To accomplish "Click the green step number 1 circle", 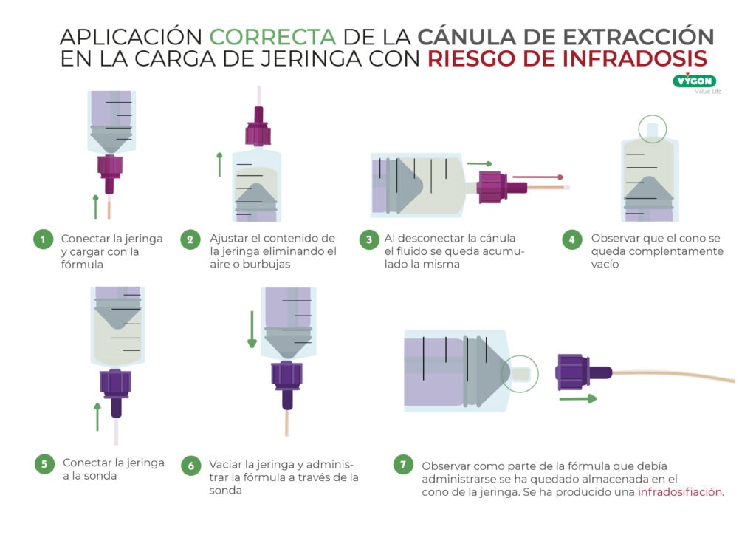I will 44,239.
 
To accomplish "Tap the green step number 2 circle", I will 190,239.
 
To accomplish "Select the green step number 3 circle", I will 368,239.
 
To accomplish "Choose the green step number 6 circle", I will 190,465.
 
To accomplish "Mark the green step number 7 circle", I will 402,465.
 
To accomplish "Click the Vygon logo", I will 694,81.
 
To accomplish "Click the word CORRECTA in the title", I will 272,36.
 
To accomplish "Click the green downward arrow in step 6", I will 252,330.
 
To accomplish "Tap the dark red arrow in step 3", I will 537,177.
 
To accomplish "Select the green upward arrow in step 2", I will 219,164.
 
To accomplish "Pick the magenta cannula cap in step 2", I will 258,130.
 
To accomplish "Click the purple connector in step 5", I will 115,388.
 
